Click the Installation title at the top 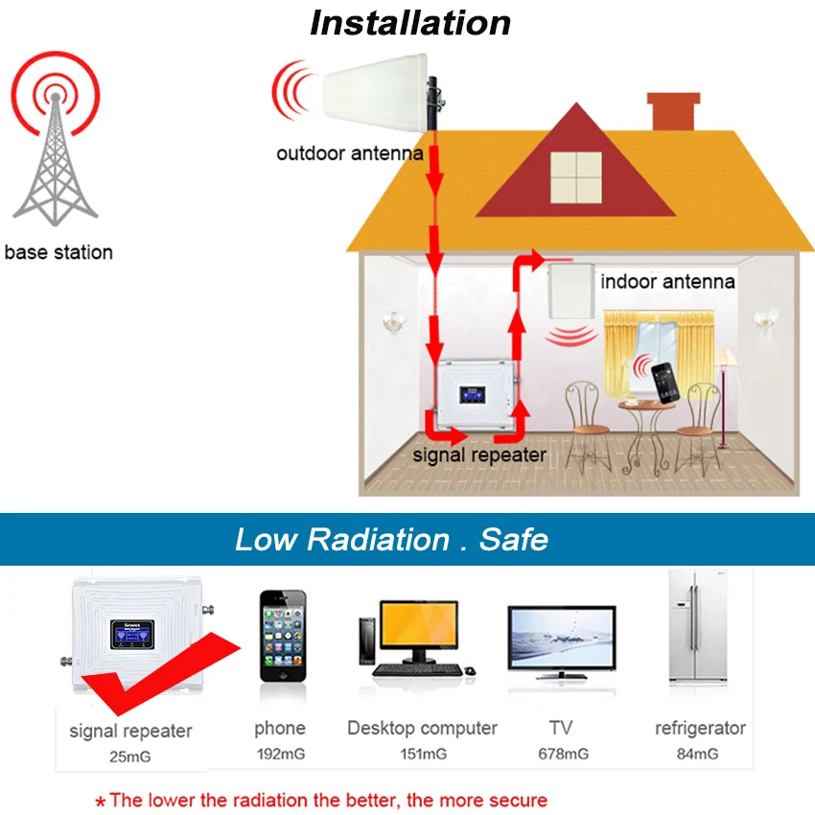409,23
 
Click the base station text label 58,253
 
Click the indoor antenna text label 667,282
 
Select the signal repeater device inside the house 476,394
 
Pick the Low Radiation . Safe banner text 391,539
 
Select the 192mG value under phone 280,755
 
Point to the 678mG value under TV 563,755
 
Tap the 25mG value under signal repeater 129,757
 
